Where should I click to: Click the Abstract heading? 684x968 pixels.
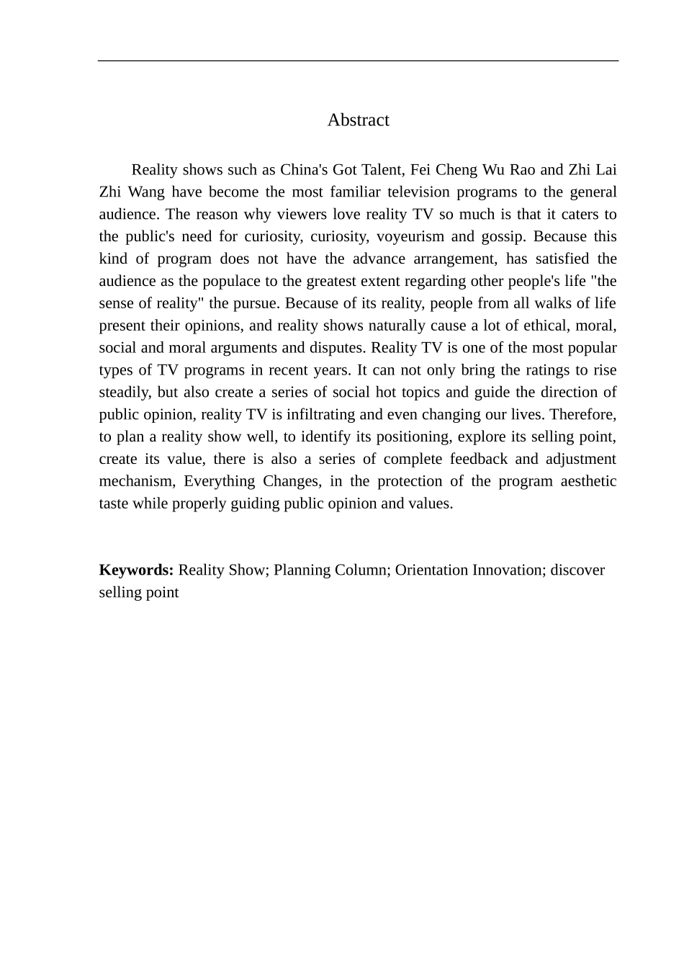pos(358,120)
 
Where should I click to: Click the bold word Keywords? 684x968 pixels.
pos(136,570)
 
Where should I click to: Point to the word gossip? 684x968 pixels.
pos(504,237)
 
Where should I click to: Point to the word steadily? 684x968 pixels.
pos(125,393)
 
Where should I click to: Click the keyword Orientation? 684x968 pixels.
pos(431,570)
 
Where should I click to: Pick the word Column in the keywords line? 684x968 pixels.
pos(364,570)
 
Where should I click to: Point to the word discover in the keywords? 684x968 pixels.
pos(577,570)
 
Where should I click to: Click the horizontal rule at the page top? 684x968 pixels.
pos(358,60)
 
